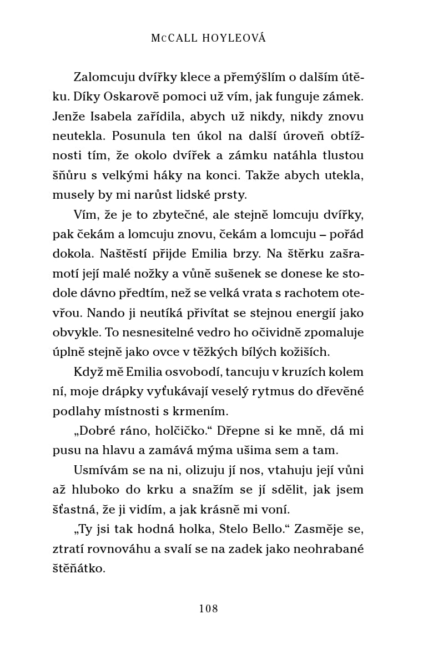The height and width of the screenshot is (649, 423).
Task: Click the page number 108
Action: click(209, 608)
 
